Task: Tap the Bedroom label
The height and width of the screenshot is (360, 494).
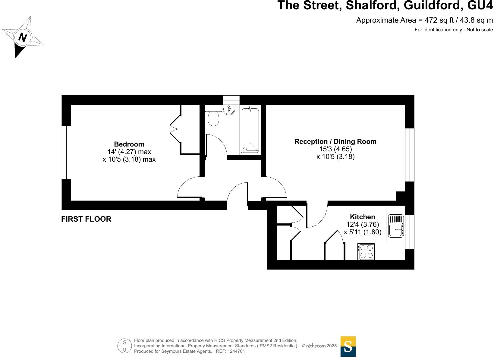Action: click(x=129, y=144)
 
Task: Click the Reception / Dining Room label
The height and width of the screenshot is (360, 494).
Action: click(x=335, y=141)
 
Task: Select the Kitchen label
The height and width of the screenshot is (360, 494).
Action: click(x=362, y=217)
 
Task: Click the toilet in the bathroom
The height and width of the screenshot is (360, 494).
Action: click(x=214, y=118)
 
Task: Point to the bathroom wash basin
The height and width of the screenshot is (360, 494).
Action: click(x=229, y=110)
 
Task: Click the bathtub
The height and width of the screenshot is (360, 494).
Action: click(x=250, y=130)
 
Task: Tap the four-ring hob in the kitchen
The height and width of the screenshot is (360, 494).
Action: click(x=366, y=252)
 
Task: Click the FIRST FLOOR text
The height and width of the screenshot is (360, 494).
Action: click(x=86, y=219)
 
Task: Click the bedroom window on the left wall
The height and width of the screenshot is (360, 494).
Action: click(x=66, y=153)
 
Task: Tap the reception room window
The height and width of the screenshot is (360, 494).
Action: click(x=410, y=155)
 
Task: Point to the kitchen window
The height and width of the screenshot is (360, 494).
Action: click(x=410, y=232)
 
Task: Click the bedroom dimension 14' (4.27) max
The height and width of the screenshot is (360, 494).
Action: click(x=129, y=152)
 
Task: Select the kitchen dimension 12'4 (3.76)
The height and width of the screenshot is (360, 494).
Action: click(x=363, y=225)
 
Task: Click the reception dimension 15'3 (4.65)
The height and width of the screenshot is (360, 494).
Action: click(x=335, y=149)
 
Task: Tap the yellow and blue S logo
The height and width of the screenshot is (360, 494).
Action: click(x=348, y=346)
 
